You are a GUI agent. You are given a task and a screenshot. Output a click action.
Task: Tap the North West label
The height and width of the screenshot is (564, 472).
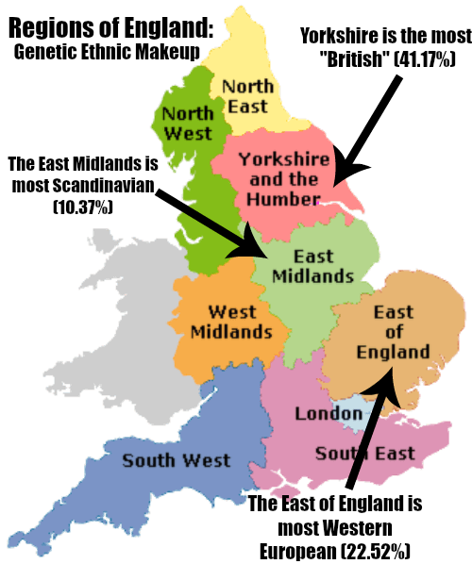(188, 124)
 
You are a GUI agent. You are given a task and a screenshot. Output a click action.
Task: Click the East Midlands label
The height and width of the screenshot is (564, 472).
(312, 266)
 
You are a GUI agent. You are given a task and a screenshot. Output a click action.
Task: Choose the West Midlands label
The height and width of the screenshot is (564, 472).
(231, 321)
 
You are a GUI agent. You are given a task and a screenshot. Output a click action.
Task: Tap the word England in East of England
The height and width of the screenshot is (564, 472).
(394, 352)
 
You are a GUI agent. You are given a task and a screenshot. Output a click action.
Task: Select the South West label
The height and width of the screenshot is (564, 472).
(176, 461)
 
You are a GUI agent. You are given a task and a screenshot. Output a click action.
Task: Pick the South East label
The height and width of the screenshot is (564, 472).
(364, 454)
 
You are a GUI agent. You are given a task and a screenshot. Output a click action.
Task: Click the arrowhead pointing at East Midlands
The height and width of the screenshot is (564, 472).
(256, 248)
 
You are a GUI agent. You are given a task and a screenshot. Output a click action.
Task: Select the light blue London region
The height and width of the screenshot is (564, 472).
(349, 410)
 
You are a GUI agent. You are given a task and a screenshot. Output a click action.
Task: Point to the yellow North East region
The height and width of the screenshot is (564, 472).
(255, 57)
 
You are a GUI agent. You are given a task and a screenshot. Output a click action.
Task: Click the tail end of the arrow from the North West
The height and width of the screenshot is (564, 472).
(181, 209)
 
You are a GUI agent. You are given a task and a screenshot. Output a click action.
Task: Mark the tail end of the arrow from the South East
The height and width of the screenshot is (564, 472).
(353, 477)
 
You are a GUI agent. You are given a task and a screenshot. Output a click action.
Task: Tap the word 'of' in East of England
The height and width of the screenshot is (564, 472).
(394, 332)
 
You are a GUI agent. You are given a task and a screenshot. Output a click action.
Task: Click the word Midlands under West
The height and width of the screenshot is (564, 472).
(231, 331)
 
